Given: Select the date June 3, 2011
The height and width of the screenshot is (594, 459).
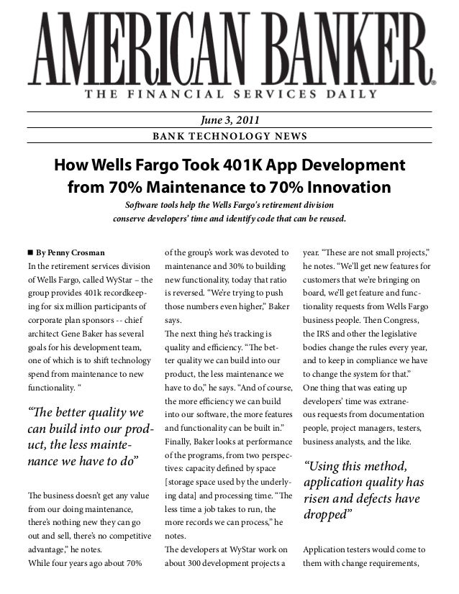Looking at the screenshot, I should (229, 120).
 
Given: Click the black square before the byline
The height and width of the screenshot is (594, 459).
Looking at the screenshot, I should (29, 252).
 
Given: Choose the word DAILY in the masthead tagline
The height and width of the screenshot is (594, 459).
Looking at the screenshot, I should (350, 93).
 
